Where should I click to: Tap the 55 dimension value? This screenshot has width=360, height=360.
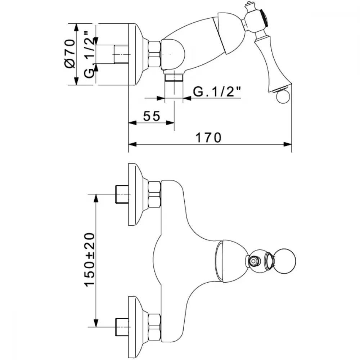pos(152,116)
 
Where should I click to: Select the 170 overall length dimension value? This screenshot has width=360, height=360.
pos(208,138)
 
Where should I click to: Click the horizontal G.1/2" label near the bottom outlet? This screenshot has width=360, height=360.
pos(217,91)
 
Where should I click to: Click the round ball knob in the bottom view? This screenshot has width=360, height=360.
pos(284,261)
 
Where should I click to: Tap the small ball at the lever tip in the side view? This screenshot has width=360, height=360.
pos(283,96)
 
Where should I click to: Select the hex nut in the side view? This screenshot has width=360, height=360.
pos(154,54)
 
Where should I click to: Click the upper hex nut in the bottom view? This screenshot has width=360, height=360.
pos(154,194)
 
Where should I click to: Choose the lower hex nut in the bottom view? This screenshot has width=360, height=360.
pos(154,327)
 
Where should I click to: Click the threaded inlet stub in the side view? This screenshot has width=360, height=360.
pos(121,54)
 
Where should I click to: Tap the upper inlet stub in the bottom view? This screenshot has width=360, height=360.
pos(122,194)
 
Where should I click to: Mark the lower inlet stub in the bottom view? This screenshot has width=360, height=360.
pos(122,327)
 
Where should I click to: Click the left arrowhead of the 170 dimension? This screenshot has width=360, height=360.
pos(132,144)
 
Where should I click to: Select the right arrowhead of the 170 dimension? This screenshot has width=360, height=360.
pos(288,144)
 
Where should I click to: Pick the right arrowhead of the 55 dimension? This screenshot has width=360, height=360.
pos(170,123)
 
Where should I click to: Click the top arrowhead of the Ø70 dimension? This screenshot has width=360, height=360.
pos(76,27)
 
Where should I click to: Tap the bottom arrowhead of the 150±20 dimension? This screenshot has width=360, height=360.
pos(96,323)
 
